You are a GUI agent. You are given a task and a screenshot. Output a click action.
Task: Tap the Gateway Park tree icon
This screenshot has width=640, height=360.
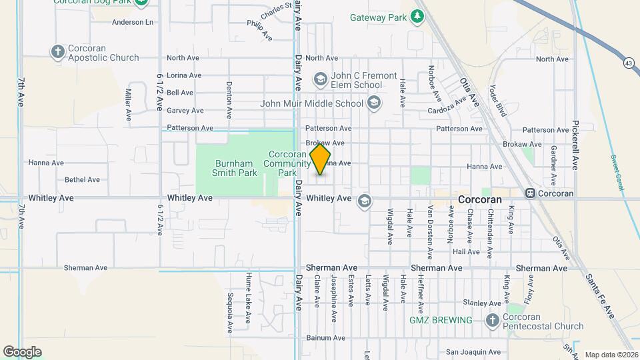[x=417, y=15]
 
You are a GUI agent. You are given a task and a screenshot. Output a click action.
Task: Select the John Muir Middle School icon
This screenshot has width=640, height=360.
[x=373, y=103]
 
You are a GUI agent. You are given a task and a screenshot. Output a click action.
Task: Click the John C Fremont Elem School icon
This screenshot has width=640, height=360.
[x=321, y=80]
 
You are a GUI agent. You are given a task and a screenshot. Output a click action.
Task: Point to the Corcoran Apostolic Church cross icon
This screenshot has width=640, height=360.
[x=58, y=51]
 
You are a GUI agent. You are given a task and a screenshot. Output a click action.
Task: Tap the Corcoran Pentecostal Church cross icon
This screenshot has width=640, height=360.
[x=493, y=321]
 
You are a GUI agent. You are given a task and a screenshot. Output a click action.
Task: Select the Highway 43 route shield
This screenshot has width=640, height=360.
[x=629, y=63]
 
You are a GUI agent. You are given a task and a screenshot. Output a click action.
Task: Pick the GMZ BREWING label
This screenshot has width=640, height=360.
[x=441, y=320]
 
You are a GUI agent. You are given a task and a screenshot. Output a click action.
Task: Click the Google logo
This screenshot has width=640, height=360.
[x=22, y=351]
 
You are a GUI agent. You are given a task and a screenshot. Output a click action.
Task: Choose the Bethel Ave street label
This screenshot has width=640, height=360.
[x=82, y=179]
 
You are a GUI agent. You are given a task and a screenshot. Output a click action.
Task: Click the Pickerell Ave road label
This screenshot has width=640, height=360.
[x=575, y=145]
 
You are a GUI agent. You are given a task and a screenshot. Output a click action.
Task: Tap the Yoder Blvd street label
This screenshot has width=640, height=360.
[x=498, y=101]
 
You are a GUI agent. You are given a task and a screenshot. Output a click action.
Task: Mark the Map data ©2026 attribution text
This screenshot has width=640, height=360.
[x=611, y=355]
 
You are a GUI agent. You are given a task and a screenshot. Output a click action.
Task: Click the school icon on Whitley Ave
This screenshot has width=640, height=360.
[x=365, y=201]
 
